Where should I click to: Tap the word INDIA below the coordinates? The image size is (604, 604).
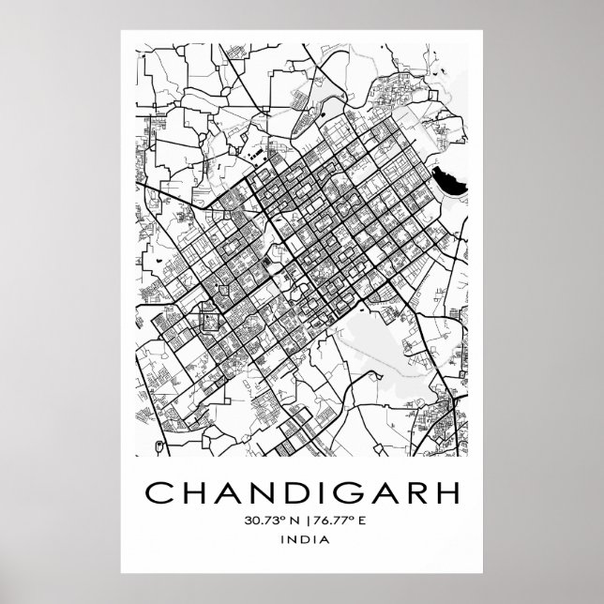(x=302, y=539)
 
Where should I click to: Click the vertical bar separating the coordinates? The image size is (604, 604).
(x=303, y=519)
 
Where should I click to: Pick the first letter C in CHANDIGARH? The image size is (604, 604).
(x=154, y=492)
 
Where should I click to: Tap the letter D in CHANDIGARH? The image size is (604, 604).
(x=284, y=492)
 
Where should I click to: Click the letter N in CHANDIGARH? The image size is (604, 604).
(x=250, y=492)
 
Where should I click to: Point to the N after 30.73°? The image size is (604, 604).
(x=291, y=519)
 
